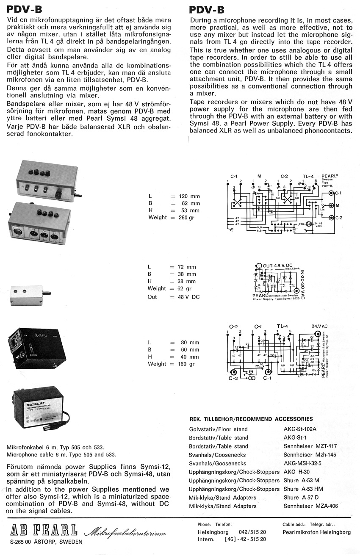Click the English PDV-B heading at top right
pos(207,10)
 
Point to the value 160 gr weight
pos(186,364)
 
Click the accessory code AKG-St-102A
pos(300,429)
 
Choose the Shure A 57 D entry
pos(301,498)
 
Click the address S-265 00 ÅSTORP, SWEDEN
pos(47,542)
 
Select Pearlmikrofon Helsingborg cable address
pos(316,532)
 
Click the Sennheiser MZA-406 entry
pos(310,506)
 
